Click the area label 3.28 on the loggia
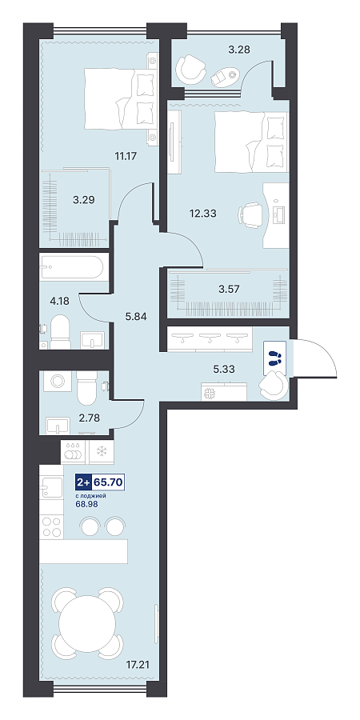[238, 50]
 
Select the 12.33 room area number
[203, 213]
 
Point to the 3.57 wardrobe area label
[228, 289]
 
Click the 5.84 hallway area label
[135, 316]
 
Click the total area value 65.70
[108, 482]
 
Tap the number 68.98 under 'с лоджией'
[86, 503]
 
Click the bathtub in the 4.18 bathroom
[74, 266]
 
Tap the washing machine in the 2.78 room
[58, 381]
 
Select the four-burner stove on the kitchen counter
[51, 526]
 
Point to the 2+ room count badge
[83, 482]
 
